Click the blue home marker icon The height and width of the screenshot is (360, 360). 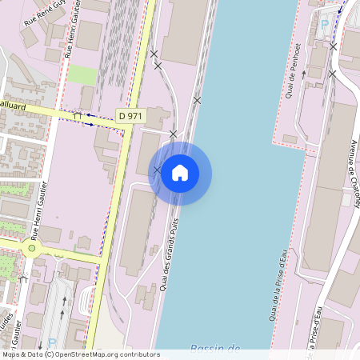point(180,173)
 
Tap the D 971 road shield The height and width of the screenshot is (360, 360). point(130,116)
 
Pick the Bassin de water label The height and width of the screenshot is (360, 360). point(215,348)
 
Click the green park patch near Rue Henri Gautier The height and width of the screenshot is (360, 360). point(81,74)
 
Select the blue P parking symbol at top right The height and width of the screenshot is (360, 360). point(325,25)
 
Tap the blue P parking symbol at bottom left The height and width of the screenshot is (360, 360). point(53,342)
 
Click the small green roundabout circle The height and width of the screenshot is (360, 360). point(32,248)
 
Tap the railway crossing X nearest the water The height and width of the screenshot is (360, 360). point(197,100)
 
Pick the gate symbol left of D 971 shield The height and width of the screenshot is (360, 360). point(78,116)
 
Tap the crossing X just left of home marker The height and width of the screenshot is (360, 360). point(158,170)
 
